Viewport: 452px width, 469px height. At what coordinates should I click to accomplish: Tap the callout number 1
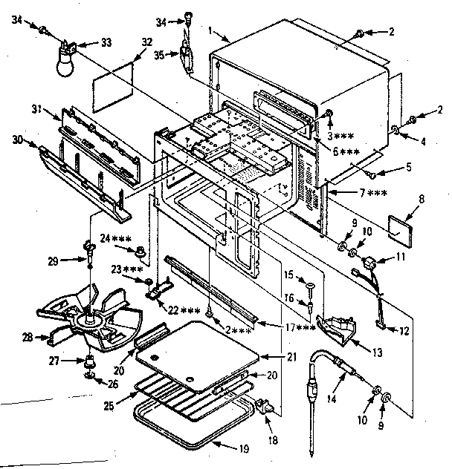click(213, 30)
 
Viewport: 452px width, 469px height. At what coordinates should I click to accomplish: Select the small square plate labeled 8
click(403, 226)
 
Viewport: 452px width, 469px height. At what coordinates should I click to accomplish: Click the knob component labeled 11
click(369, 263)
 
